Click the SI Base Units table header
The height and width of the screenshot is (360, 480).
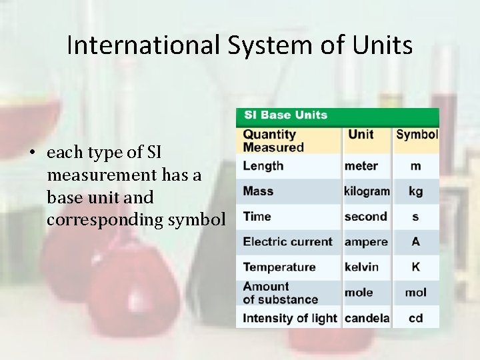pos(285,115)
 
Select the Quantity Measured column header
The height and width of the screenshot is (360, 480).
pos(273,141)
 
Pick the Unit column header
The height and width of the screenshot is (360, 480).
pos(361,134)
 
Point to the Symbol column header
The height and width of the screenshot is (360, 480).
pos(417,134)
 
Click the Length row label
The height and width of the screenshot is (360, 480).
pos(263,166)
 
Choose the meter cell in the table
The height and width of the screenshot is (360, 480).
pos(361,166)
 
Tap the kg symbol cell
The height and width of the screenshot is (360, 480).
pos(416,191)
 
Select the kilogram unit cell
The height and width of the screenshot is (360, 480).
pos(367,191)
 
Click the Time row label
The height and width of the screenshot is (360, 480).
pos(257,217)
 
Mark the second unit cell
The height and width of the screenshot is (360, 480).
pos(365,217)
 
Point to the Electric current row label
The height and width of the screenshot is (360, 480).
pos(287,242)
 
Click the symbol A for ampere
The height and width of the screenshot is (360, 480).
pos(416,242)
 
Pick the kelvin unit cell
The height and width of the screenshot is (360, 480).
pos(361,267)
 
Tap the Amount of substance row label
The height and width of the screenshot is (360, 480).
pos(280,293)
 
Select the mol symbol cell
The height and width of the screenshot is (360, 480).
pos(416,293)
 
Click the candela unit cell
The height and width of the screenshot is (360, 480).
pos(367,318)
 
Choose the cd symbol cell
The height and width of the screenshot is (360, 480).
pos(416,318)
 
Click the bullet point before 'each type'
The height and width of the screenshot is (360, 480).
pos(32,153)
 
